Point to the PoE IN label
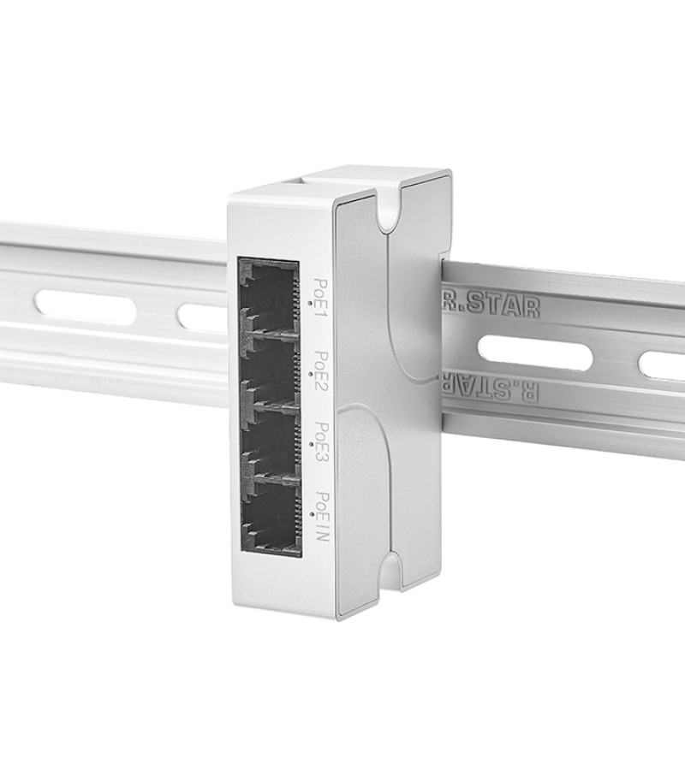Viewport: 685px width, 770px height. [x=324, y=517]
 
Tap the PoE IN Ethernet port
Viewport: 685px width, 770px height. [x=271, y=518]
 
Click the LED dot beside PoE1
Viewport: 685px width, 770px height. [x=309, y=303]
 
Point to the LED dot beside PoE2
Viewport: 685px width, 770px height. [x=311, y=374]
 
